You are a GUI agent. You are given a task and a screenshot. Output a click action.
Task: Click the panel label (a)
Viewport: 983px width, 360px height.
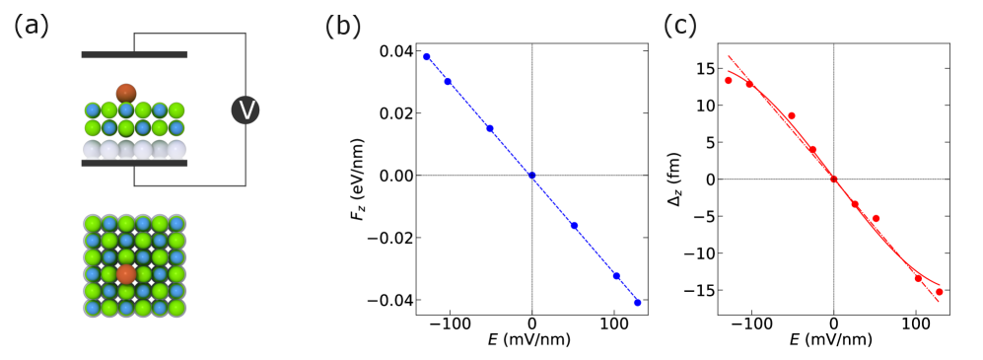pyautogui.click(x=32, y=27)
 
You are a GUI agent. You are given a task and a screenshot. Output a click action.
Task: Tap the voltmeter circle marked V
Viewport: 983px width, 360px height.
pyautogui.click(x=245, y=109)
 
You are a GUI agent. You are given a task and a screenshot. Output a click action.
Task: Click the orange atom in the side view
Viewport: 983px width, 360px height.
pyautogui.click(x=126, y=94)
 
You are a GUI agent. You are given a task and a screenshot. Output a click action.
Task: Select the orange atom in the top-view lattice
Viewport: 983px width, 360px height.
pyautogui.click(x=126, y=273)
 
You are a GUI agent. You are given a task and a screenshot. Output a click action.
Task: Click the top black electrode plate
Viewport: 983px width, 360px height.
pyautogui.click(x=134, y=54)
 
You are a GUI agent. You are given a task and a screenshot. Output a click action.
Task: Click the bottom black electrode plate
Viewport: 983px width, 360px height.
pyautogui.click(x=134, y=163)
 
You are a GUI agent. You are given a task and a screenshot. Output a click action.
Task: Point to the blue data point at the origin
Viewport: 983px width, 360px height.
pyautogui.click(x=532, y=176)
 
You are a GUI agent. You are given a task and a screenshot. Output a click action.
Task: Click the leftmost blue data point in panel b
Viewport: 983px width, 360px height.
pyautogui.click(x=427, y=56)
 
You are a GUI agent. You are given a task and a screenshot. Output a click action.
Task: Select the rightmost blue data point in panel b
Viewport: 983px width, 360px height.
pyautogui.click(x=638, y=303)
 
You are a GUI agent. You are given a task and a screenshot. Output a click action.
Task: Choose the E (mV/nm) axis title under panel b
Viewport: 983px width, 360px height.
pyautogui.click(x=532, y=340)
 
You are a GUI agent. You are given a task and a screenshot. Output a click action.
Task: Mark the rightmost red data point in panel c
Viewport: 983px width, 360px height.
pyautogui.click(x=940, y=292)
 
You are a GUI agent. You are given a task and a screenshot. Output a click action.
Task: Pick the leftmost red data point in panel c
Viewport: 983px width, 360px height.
pyautogui.click(x=729, y=80)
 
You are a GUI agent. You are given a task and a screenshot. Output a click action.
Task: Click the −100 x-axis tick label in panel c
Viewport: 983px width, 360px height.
pyautogui.click(x=751, y=322)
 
